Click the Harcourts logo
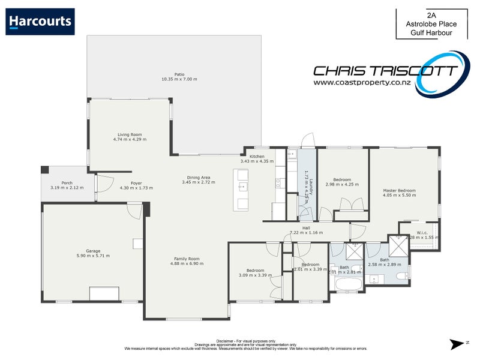(x=41, y=22)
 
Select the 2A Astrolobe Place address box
(x=430, y=23)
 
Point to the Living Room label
(x=129, y=134)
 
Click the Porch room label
(x=67, y=183)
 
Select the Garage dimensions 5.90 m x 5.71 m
(x=93, y=256)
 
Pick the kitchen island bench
(x=241, y=190)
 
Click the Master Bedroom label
(x=399, y=191)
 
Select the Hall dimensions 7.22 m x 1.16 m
(x=306, y=232)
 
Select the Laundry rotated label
(x=305, y=187)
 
